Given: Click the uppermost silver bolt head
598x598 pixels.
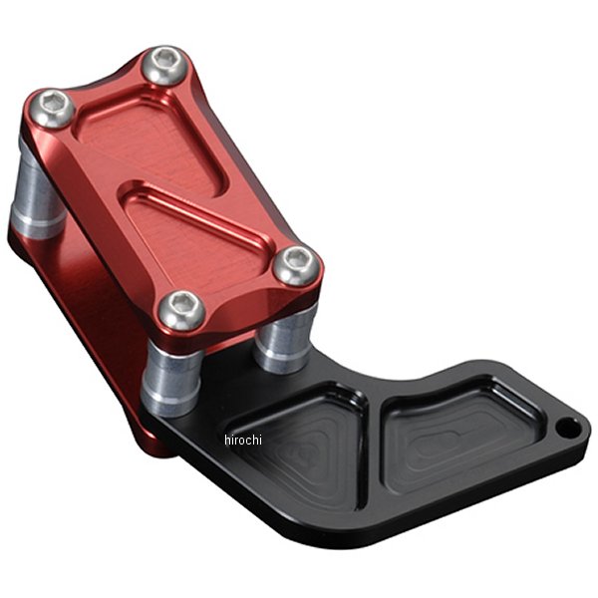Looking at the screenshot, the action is pyautogui.click(x=164, y=66).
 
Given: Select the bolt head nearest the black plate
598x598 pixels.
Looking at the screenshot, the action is pyautogui.click(x=296, y=266).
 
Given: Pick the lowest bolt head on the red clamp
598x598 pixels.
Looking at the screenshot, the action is pyautogui.click(x=182, y=310).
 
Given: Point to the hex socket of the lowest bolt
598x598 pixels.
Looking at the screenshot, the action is pyautogui.click(x=180, y=303).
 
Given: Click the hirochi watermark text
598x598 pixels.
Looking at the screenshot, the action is pyautogui.click(x=243, y=440).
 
